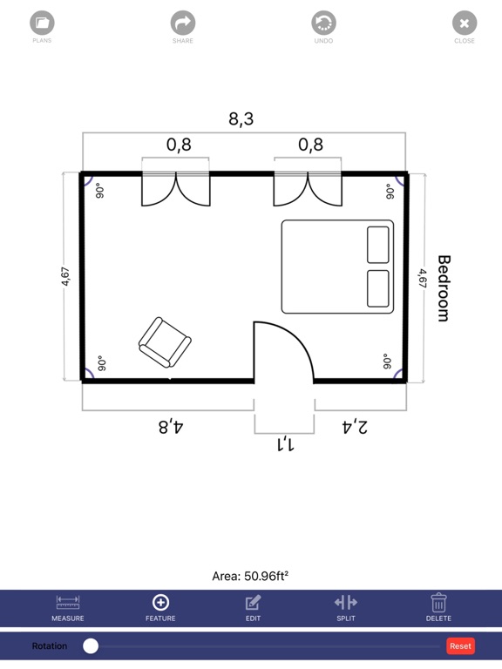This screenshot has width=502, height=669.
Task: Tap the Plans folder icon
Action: point(42,23)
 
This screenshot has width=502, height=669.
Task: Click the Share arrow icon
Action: point(183,23)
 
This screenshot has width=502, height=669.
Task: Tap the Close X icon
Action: point(465,23)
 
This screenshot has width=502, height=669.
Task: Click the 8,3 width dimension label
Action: point(241,118)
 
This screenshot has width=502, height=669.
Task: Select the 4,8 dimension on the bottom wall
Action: point(171,426)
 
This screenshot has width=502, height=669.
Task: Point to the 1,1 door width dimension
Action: point(285,444)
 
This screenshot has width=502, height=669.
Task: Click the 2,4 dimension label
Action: point(355,426)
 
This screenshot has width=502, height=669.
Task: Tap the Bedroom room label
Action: point(444,288)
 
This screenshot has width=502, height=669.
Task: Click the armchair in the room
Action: point(165,342)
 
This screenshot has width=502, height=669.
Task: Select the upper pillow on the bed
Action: point(377,245)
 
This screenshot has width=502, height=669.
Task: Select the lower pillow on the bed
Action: point(377,288)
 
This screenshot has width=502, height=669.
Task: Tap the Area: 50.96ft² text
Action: point(250,577)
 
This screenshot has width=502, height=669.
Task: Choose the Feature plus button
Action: point(160,603)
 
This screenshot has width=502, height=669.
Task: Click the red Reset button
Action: point(460,646)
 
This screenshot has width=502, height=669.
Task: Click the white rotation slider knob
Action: point(91,646)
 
